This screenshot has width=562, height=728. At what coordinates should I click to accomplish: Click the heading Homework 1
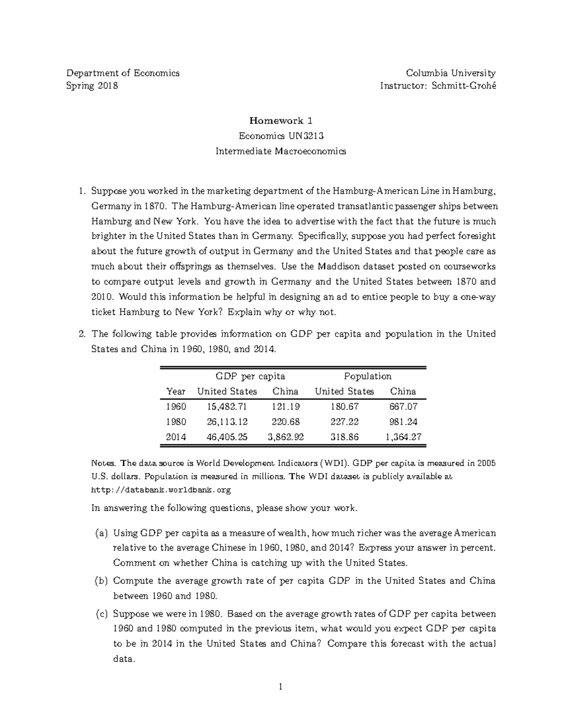pos(281,120)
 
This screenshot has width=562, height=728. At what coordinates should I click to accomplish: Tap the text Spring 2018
pos(92,86)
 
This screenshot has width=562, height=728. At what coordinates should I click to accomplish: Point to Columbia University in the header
pos(451,73)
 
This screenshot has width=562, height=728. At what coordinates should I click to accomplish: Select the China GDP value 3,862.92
pos(286,437)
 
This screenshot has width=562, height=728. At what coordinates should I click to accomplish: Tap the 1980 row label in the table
pos(176,421)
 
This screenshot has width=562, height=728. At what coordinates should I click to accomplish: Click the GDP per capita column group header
pos(250,376)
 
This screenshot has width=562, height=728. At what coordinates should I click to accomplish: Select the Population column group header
pos(368,376)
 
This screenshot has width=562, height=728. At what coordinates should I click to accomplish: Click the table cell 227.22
pos(344,421)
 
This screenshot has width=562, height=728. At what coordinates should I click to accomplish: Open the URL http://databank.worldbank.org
pos(160,490)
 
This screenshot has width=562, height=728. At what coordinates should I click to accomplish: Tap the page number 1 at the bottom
pos(281,687)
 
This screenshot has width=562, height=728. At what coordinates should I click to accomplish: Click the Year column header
pos(176,391)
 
